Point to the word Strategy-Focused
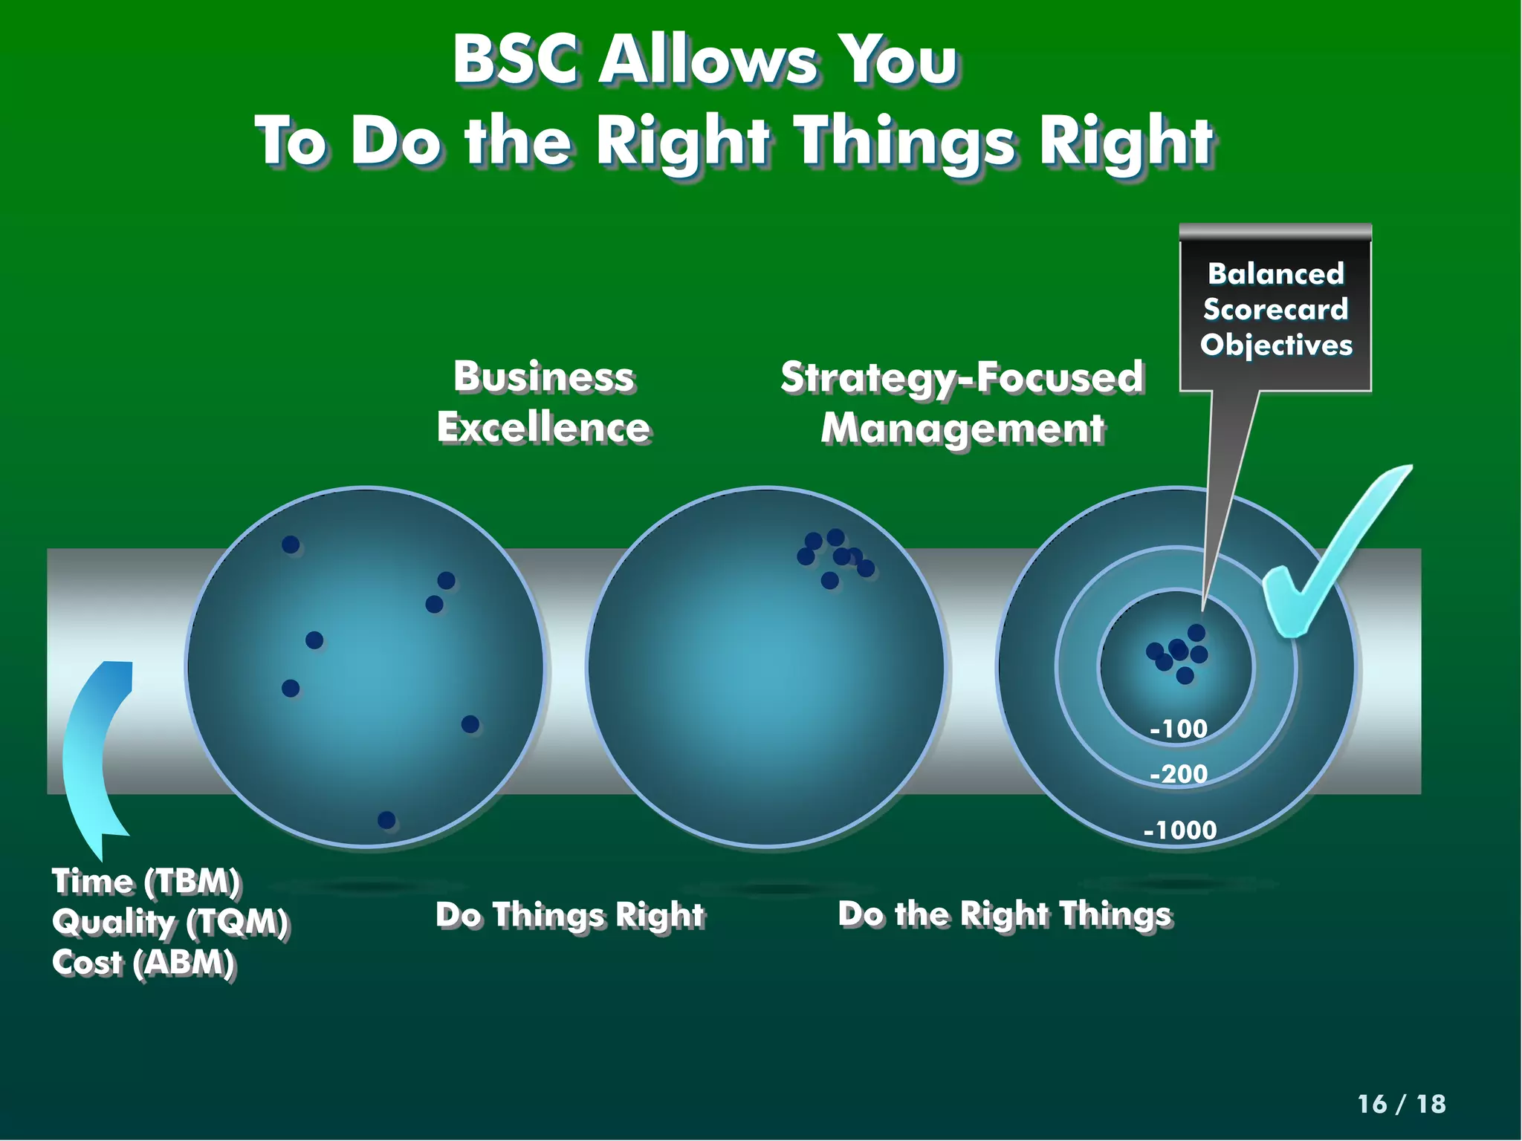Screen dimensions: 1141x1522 tap(962, 377)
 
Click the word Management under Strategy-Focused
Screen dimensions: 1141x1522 tap(962, 429)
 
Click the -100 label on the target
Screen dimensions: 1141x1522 tap(1178, 729)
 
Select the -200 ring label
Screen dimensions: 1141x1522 tap(1178, 774)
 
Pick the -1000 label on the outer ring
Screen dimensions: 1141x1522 tap(1179, 830)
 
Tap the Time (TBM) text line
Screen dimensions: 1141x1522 tap(146, 882)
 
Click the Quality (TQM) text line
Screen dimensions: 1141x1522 tap(170, 923)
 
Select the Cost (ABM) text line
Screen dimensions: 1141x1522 tap(143, 963)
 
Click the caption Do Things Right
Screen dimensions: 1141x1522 tap(569, 915)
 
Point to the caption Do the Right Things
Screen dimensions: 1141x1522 tap(1005, 914)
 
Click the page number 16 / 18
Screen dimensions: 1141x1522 tap(1401, 1104)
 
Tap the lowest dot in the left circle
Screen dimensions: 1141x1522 tap(386, 819)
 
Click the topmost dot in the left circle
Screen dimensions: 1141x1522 tap(291, 545)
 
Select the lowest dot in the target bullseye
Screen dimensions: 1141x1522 tap(1185, 675)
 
